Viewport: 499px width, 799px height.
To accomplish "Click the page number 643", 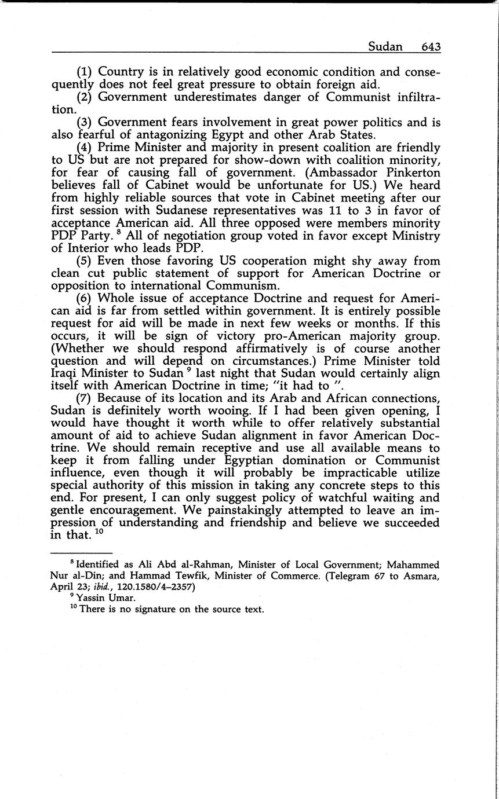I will point(431,47).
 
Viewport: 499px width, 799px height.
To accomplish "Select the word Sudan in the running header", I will point(385,47).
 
